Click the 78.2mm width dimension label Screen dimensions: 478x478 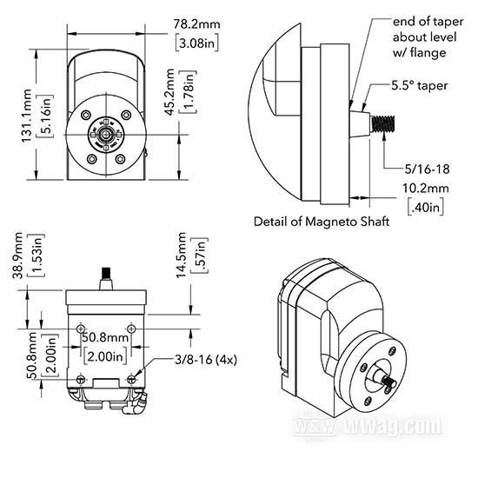click(x=196, y=23)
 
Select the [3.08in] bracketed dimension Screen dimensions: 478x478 click(x=197, y=43)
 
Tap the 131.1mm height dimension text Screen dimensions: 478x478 click(x=27, y=116)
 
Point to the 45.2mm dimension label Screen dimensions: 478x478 click(x=169, y=92)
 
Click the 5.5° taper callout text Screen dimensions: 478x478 click(x=420, y=86)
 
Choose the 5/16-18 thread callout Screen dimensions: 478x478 click(x=427, y=169)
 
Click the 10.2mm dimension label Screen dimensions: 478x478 click(x=426, y=188)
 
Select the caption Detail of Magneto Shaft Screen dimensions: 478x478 click(x=322, y=222)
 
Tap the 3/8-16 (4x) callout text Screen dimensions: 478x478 click(x=206, y=360)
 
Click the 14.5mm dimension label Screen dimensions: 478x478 click(x=181, y=255)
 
